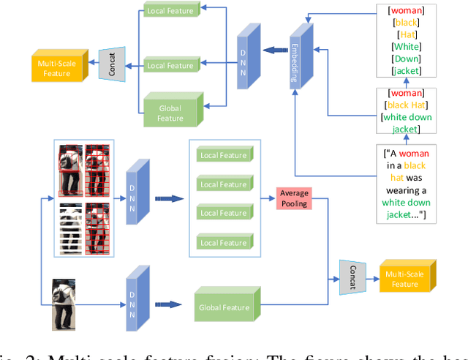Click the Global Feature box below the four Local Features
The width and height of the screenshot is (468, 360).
pos(227,307)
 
